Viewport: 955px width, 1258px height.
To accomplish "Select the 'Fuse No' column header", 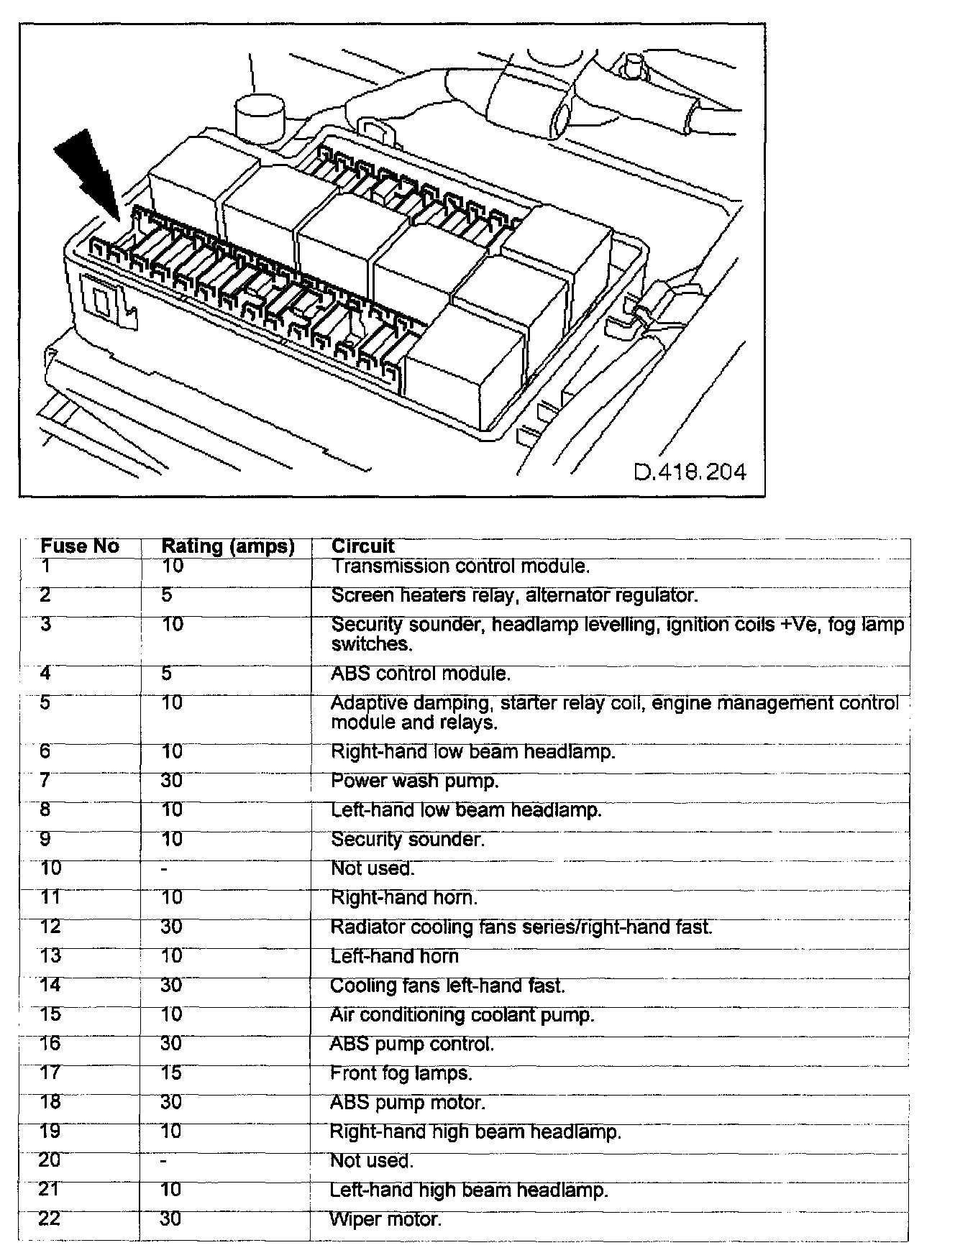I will tap(79, 546).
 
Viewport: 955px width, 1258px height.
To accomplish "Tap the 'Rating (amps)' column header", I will tap(228, 546).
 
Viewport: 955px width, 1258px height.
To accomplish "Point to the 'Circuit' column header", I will tap(363, 546).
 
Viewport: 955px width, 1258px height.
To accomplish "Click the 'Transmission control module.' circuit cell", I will tap(460, 566).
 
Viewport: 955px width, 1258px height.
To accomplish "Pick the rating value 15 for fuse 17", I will tap(171, 1073).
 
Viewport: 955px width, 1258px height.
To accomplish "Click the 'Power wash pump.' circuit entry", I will tap(414, 781).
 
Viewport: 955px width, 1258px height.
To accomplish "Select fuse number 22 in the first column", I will tap(49, 1219).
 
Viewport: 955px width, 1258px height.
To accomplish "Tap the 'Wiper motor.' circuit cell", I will tap(385, 1220).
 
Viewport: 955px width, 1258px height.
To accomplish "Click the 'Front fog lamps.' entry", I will tap(401, 1074).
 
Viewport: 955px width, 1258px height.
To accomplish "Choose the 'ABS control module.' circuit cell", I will tap(420, 674).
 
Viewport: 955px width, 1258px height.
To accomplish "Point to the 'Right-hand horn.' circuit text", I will tap(403, 898).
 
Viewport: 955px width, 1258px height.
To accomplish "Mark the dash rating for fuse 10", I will tap(165, 869).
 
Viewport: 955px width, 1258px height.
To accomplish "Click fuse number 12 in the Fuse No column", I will tap(50, 927).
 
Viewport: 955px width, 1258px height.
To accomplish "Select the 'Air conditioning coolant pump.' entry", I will tap(462, 1015).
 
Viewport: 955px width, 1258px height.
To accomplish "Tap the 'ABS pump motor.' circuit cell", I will tap(407, 1103).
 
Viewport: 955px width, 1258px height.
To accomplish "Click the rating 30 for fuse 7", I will tap(171, 781).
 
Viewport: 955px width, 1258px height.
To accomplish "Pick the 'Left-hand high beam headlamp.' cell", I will tap(469, 1190).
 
